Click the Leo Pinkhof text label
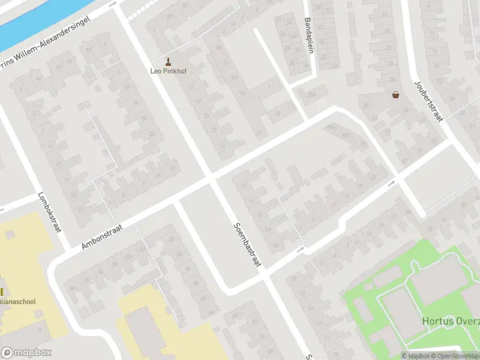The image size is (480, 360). click(x=167, y=70)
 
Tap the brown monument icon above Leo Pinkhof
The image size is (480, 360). click(x=167, y=61)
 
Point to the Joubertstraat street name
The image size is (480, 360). click(x=428, y=100)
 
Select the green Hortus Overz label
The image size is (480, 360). click(x=451, y=321)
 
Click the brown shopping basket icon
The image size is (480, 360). click(x=396, y=94)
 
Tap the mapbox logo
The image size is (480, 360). click(x=26, y=353)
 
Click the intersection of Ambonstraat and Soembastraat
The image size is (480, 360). click(x=211, y=178)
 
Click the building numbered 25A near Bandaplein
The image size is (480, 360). click(x=311, y=93)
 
